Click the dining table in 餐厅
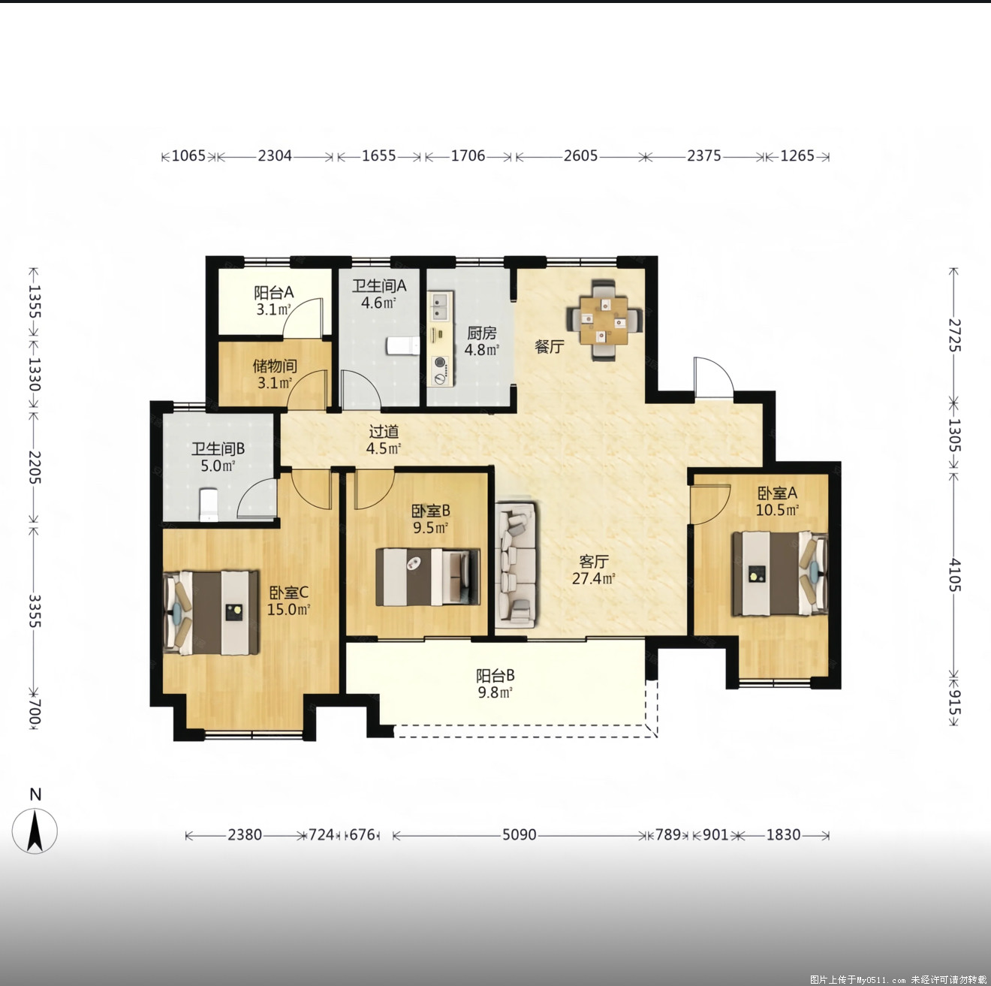click(604, 320)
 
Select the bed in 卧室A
click(779, 573)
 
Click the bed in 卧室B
click(427, 577)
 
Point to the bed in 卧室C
click(210, 612)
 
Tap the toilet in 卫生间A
click(403, 346)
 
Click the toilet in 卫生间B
click(209, 505)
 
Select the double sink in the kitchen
click(441, 306)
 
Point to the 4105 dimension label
click(954, 574)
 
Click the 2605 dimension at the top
click(580, 156)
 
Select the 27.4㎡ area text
click(594, 579)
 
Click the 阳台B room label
click(495, 675)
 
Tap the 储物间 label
click(275, 366)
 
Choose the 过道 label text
click(384, 431)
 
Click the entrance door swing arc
click(721, 368)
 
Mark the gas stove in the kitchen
click(441, 370)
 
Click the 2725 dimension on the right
click(954, 335)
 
